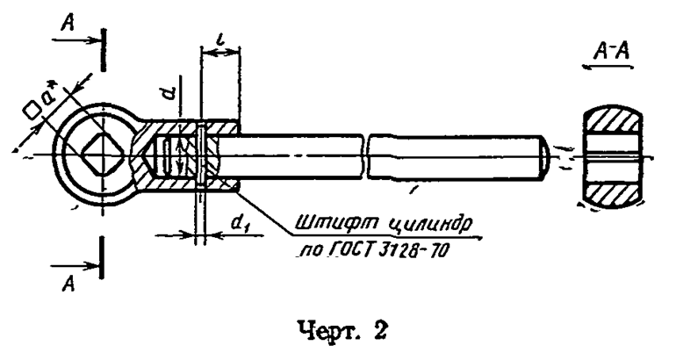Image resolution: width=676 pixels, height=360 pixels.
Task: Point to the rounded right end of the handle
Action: tap(544, 157)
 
